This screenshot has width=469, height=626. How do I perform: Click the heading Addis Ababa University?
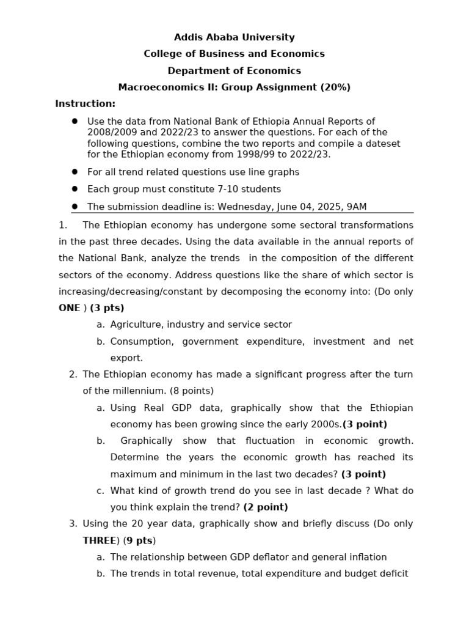point(234,37)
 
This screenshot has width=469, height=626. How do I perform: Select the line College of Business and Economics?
point(234,54)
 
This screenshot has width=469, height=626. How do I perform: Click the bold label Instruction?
point(85,104)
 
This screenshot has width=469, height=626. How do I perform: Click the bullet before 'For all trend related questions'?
point(75,172)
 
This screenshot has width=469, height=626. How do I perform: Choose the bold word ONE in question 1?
point(69,308)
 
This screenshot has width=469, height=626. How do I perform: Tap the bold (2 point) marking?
point(266,507)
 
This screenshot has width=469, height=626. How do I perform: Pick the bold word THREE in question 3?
point(100,540)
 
